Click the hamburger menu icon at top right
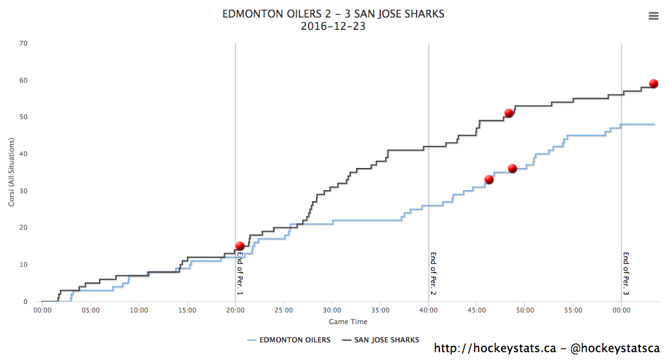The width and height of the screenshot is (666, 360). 654,16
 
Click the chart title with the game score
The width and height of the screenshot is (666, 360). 333,14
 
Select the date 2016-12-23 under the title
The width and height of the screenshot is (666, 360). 333,27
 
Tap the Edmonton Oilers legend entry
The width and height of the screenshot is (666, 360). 289,340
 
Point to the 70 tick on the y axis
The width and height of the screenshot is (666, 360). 23,44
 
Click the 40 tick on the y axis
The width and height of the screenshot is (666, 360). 23,154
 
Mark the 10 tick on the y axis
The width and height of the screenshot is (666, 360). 23,265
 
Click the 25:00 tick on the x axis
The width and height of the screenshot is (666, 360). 283,311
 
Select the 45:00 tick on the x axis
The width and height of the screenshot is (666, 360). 477,311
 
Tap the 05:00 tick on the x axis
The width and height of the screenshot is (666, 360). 90,311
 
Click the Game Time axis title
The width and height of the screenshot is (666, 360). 348,322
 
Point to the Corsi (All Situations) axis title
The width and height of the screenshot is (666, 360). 12,173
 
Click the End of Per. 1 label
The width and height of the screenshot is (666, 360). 240,273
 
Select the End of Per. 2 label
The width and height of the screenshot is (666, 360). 433,273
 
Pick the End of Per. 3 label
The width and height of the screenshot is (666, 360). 626,273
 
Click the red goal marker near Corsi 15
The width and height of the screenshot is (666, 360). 240,246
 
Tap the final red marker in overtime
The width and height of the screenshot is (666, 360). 654,83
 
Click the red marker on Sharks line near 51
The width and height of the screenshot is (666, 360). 509,113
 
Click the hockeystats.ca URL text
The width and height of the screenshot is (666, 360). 494,348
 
